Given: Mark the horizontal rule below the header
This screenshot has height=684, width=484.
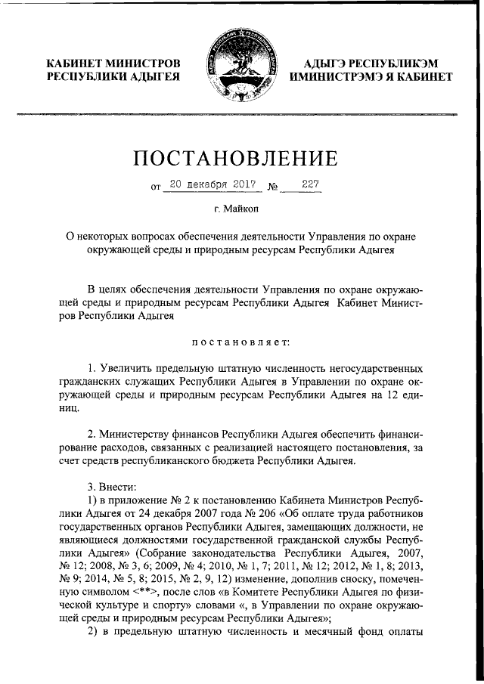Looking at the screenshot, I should click(x=242, y=114).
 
